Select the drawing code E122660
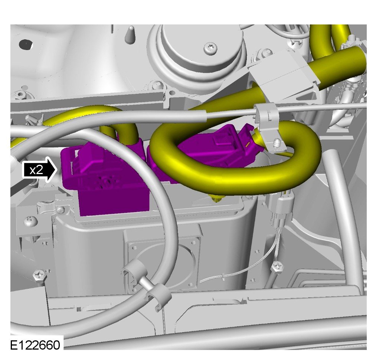[x=35, y=345]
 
